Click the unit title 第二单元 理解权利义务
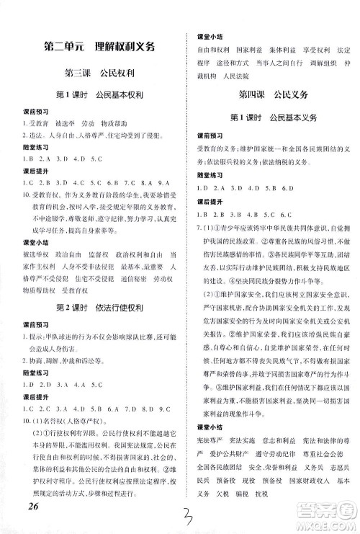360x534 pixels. tap(99, 48)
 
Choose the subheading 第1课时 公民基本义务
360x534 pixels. tap(271, 117)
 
